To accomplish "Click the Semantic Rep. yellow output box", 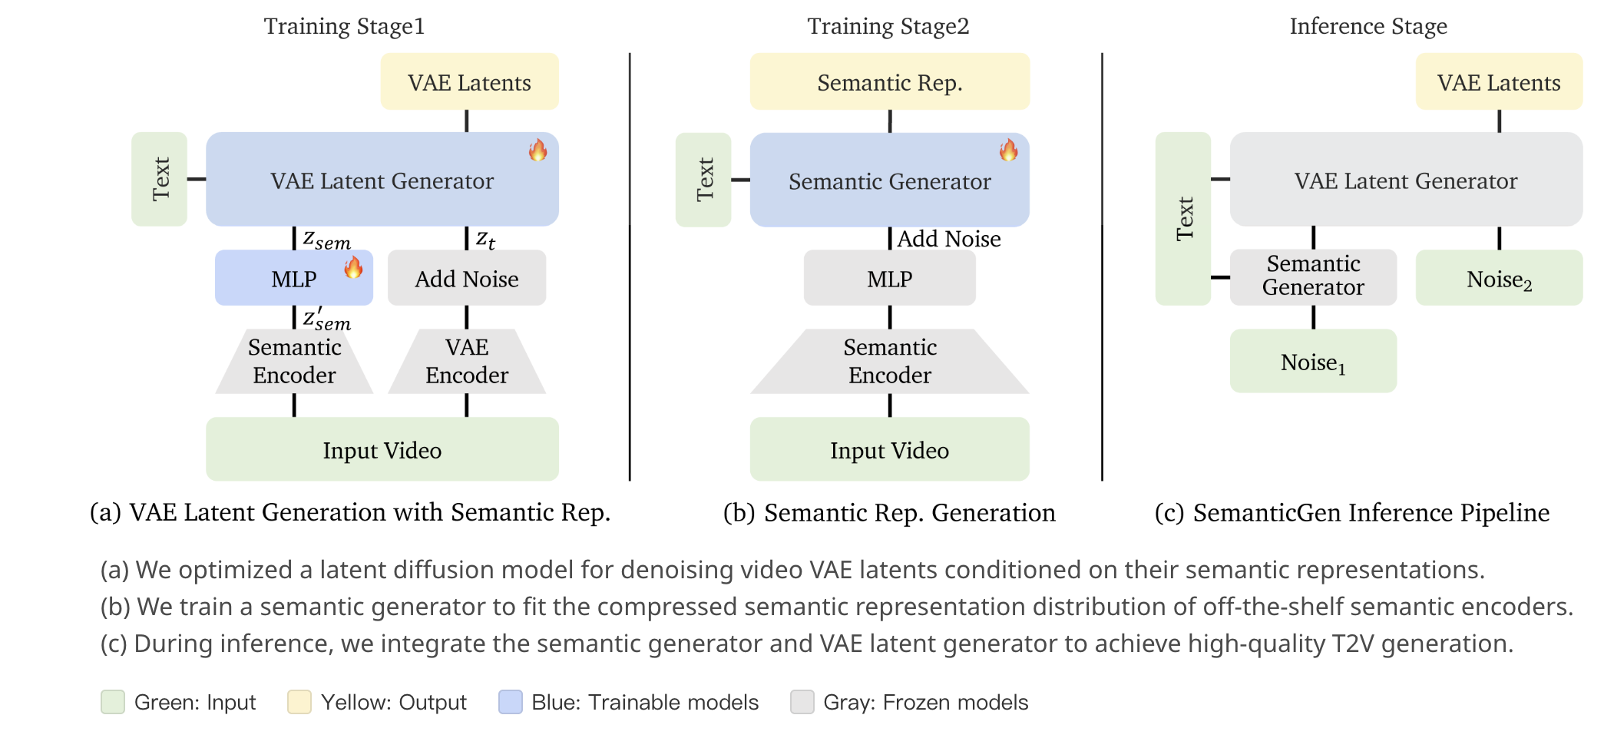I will pyautogui.click(x=889, y=81).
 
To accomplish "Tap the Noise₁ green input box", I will pyautogui.click(x=1313, y=361).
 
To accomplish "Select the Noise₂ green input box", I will pyautogui.click(x=1499, y=278).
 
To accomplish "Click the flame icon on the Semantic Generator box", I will pyautogui.click(x=1008, y=150).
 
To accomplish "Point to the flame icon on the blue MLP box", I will pyautogui.click(x=353, y=267).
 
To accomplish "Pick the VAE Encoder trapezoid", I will pyautogui.click(x=467, y=361).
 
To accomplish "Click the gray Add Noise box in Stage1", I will pyautogui.click(x=467, y=278).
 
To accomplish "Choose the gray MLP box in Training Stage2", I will pyautogui.click(x=889, y=278).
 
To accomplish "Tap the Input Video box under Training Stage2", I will pyautogui.click(x=889, y=449).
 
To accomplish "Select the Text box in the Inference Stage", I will pyautogui.click(x=1183, y=218).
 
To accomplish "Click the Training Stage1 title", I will pyautogui.click(x=344, y=26).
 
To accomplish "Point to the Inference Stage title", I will pyautogui.click(x=1368, y=26).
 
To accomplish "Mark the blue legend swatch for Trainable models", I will pyautogui.click(x=511, y=702).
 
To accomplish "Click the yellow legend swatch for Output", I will pyautogui.click(x=299, y=702).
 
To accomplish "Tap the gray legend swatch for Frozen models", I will pyautogui.click(x=802, y=702).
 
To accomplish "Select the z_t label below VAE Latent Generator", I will pyautogui.click(x=485, y=240).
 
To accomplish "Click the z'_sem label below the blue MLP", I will pyautogui.click(x=326, y=319).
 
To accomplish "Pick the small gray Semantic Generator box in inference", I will pyautogui.click(x=1313, y=276).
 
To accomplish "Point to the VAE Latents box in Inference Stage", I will pyautogui.click(x=1499, y=81).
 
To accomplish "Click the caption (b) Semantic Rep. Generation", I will pyautogui.click(x=889, y=512).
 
